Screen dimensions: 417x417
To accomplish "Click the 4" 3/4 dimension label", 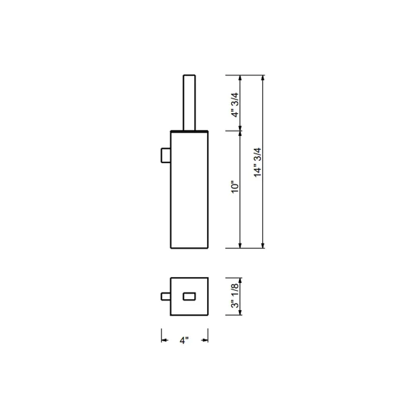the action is coord(235,105).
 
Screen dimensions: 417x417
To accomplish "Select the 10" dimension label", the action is coord(235,187).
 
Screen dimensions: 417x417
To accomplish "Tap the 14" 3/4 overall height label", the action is coord(257,162).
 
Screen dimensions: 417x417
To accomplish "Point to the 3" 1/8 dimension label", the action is coord(235,295).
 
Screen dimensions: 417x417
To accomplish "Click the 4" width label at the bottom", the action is coord(184,340).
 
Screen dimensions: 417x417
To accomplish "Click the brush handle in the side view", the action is coord(189,103).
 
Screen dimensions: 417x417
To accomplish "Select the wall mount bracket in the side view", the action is coord(166,155).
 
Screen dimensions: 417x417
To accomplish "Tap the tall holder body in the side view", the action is coord(189,189).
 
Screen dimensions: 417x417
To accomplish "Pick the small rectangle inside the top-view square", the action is coord(189,296).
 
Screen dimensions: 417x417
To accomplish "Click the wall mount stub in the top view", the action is coord(166,296).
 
